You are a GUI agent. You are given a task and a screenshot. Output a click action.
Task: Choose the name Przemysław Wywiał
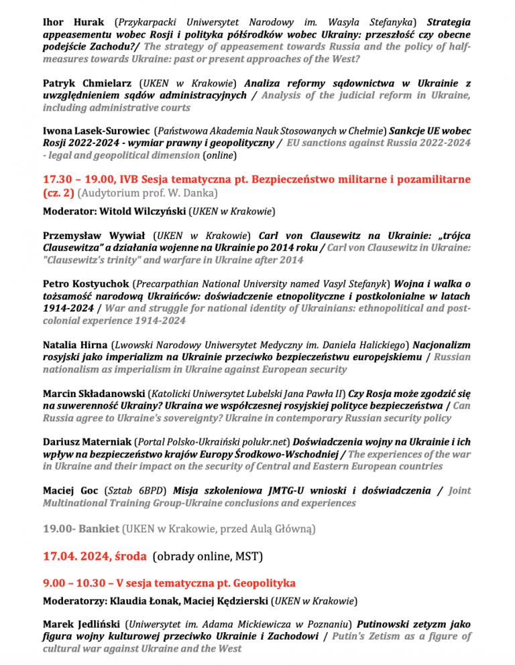click(95, 235)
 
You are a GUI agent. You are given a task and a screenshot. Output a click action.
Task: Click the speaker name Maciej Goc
click(68, 490)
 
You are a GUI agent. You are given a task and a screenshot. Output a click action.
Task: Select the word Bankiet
click(98, 528)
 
